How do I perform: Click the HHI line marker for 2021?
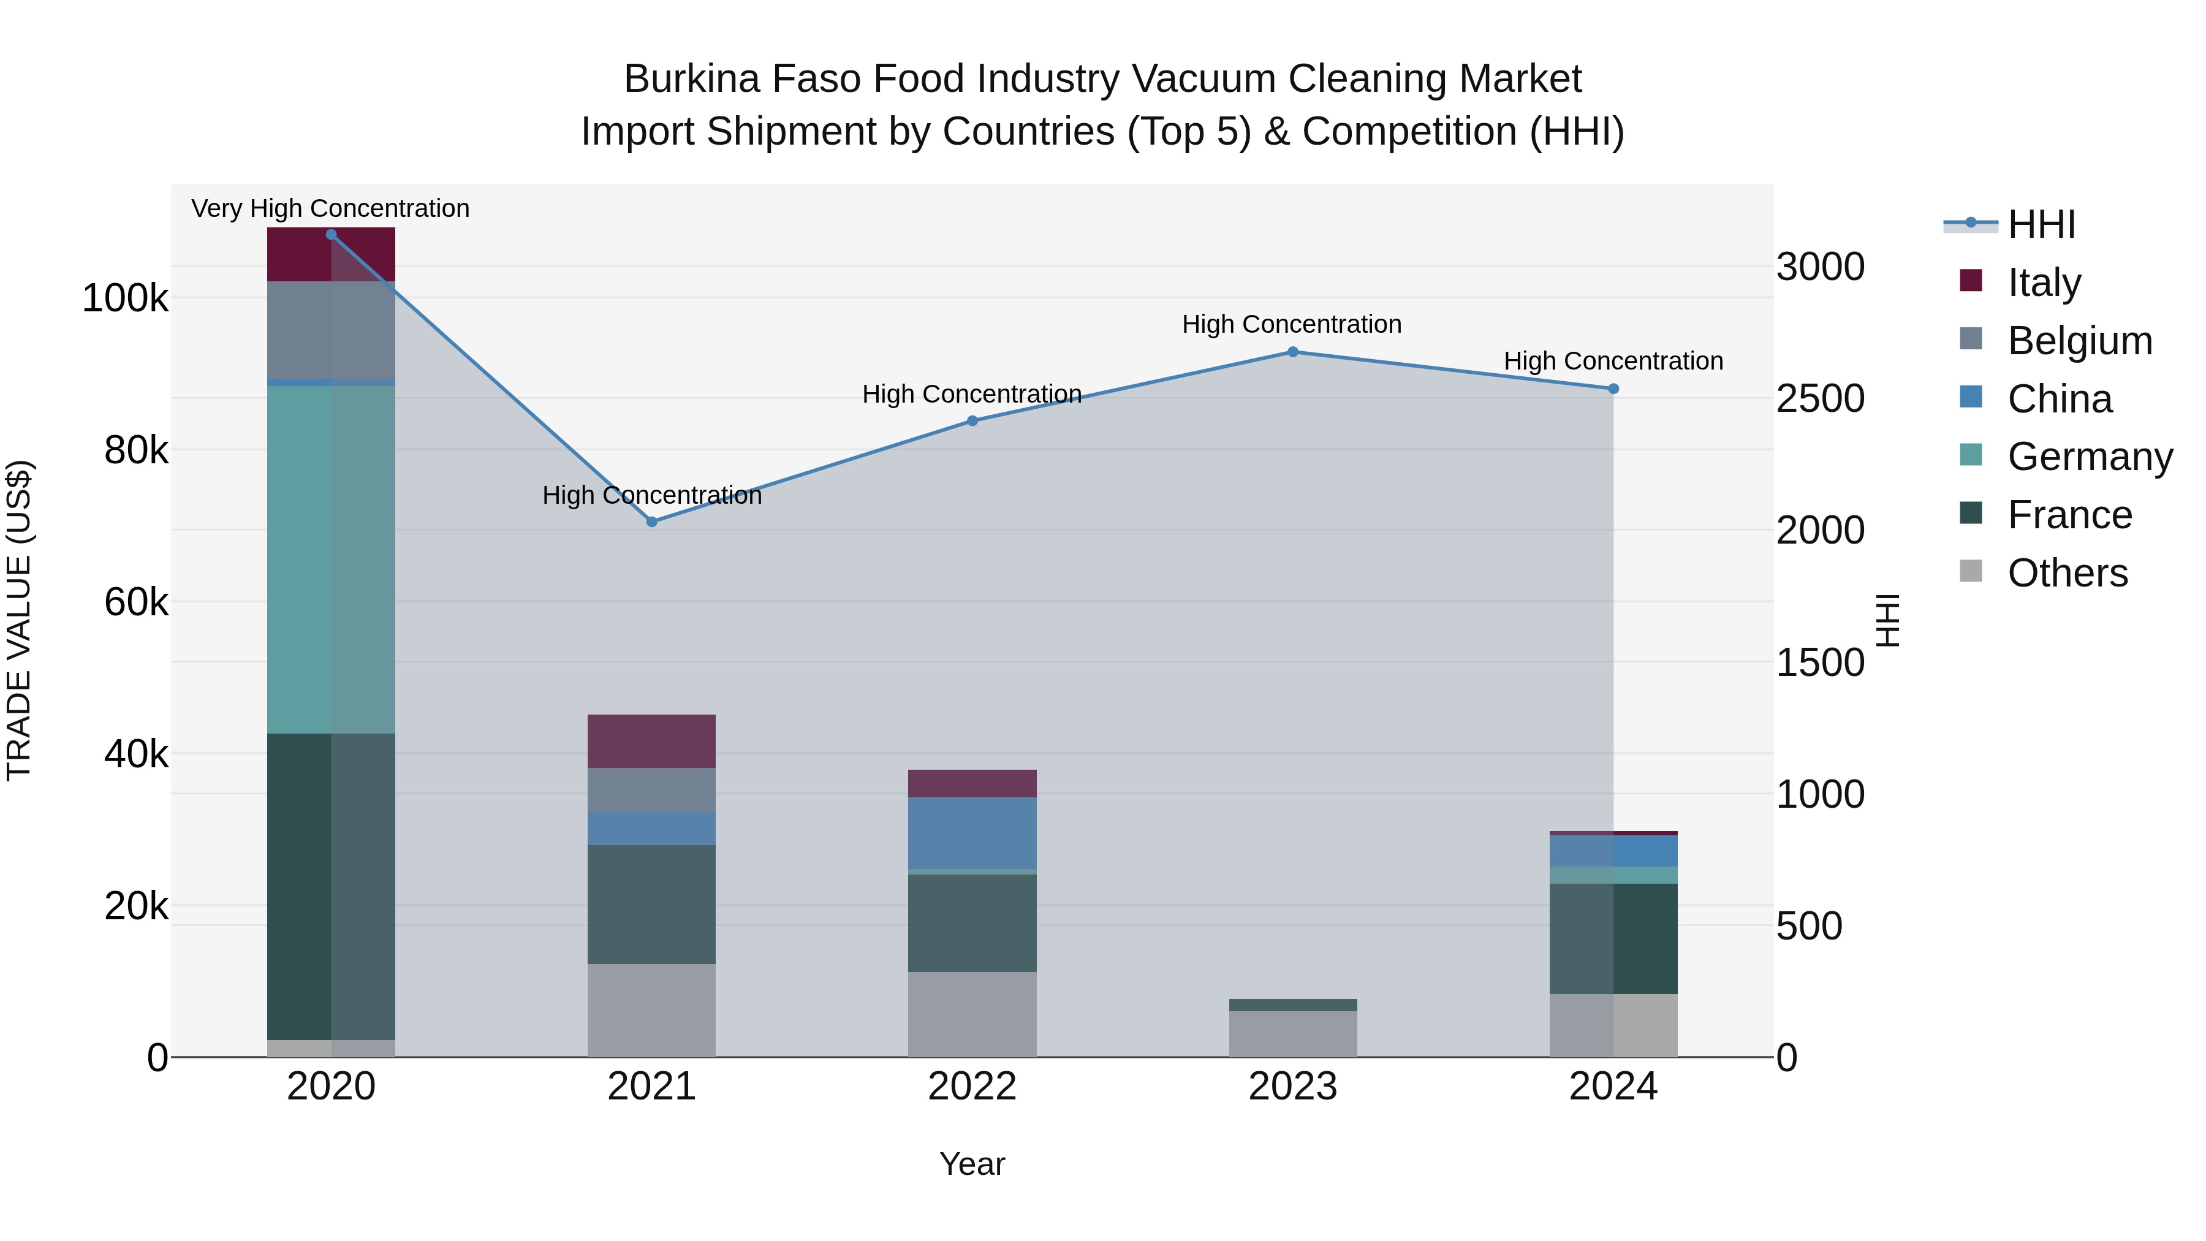pos(652,522)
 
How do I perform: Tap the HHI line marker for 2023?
pos(1293,352)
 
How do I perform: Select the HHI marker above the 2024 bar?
pos(1613,389)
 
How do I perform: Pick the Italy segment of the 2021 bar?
pos(652,741)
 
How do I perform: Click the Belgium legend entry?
pos(2079,341)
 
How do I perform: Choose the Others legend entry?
pos(2068,573)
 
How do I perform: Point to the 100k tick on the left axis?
pos(125,299)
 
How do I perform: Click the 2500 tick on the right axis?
pos(1821,399)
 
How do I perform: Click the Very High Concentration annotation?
pos(330,208)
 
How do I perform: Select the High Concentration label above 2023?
pos(1292,325)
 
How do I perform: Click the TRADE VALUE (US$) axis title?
pos(20,620)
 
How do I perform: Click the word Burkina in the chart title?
pos(691,79)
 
